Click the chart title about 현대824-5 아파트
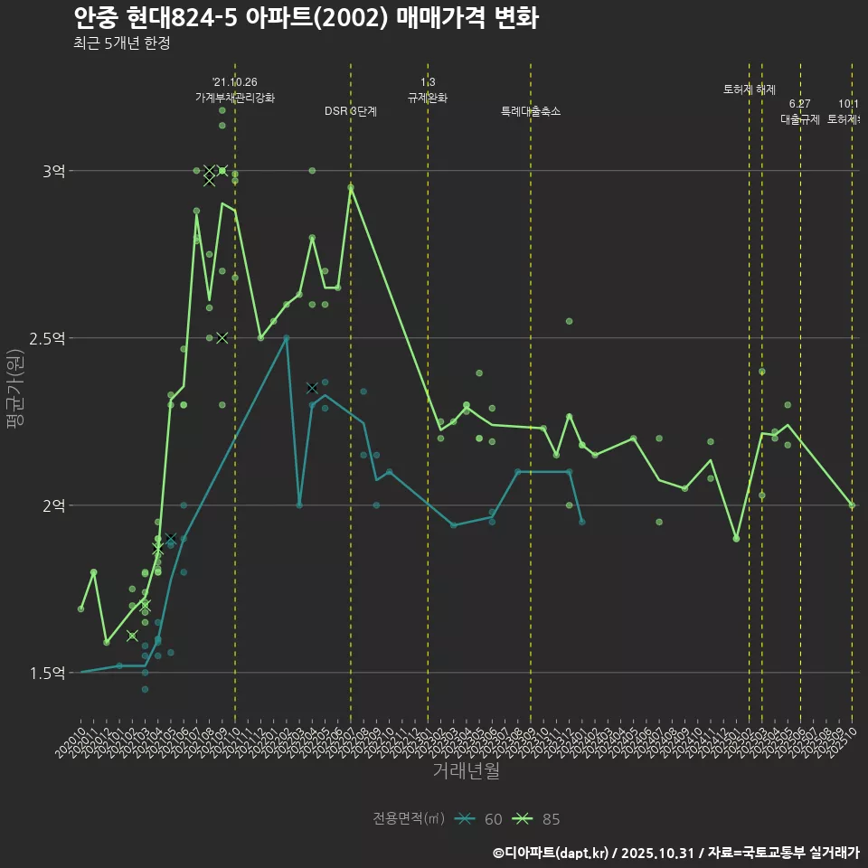coord(305,18)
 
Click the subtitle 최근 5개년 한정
coord(121,42)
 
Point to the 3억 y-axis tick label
coord(53,171)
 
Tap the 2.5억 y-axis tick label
coord(48,338)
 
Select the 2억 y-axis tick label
coord(53,505)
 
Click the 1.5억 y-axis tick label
coord(48,673)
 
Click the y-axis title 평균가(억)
coord(17,389)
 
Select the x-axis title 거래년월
coord(466,771)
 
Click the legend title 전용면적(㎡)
coord(409,819)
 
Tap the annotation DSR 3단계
coord(351,111)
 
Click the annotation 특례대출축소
coord(531,111)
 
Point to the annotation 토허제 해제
coord(750,90)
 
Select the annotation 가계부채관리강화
coord(235,97)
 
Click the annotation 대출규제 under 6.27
coord(800,118)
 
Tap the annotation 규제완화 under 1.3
coord(428,97)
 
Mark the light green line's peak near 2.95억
coord(351,187)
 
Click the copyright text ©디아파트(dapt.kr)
coord(552,853)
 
